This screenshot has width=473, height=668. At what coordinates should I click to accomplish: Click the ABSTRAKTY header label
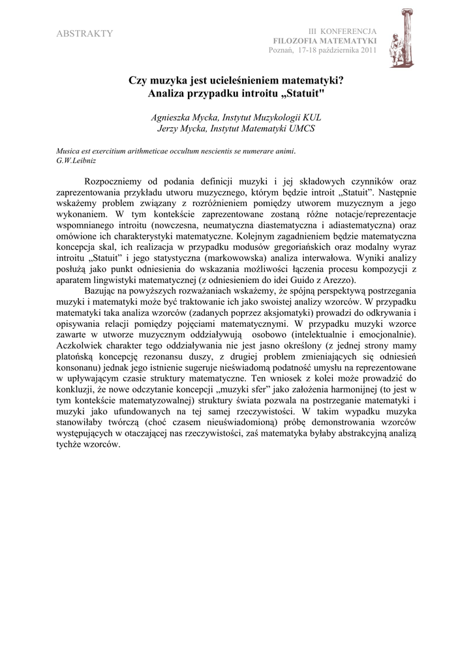[x=85, y=34]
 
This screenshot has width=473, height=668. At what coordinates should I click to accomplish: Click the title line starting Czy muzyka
[x=236, y=82]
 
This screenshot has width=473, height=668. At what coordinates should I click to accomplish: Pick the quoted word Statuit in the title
[x=306, y=94]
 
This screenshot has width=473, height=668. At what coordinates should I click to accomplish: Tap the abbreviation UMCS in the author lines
[x=301, y=129]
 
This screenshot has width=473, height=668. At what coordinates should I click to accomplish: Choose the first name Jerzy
[x=171, y=129]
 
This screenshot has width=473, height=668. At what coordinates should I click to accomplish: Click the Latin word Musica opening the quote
[x=69, y=151]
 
